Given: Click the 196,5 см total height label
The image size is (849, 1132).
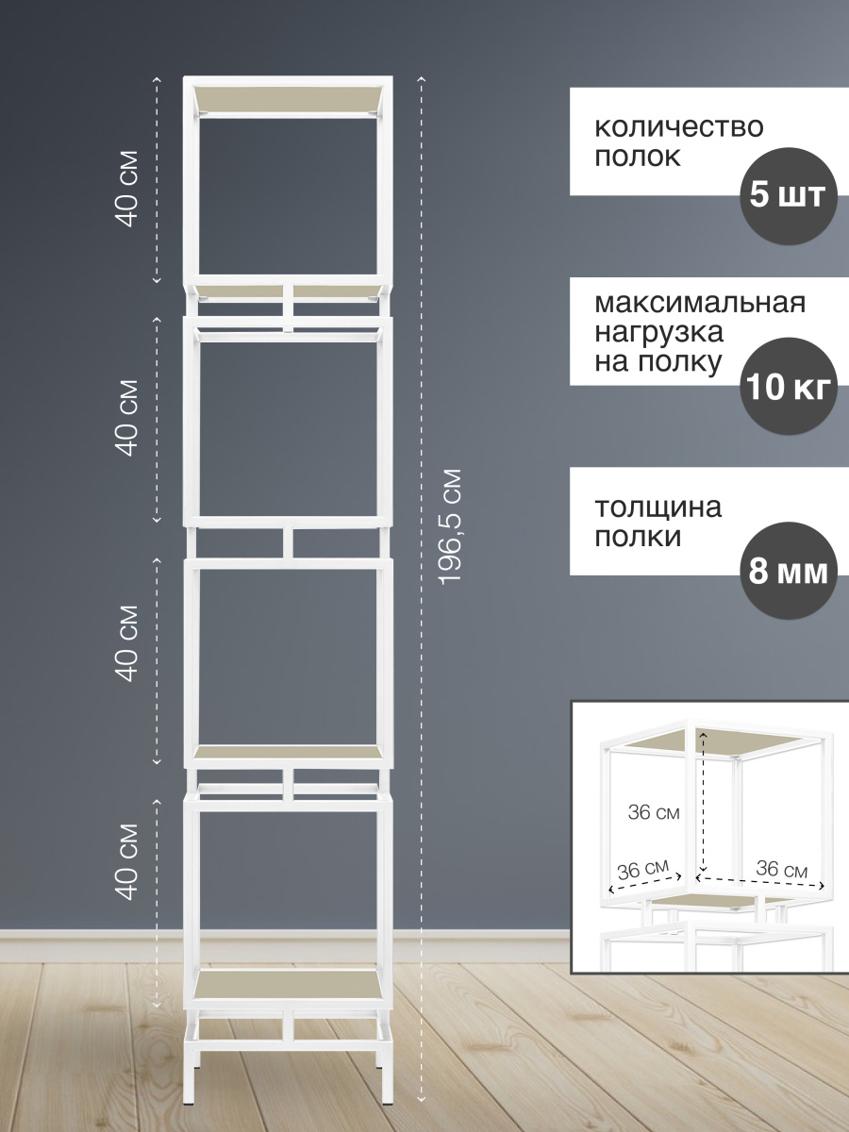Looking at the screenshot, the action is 449,526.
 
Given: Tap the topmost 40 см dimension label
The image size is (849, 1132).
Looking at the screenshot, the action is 126,189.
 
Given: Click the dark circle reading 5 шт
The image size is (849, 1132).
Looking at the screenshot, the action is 789,196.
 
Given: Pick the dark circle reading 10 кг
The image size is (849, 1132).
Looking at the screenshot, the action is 789,386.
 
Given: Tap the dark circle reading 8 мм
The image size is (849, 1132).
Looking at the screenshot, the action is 789,571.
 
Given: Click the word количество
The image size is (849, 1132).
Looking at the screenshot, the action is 679,127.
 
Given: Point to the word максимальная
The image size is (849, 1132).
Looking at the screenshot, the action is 700,303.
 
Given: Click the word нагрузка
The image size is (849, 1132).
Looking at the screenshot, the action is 658,333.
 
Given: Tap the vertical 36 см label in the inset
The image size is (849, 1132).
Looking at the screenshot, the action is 654,812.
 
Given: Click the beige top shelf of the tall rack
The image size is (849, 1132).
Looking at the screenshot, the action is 288,99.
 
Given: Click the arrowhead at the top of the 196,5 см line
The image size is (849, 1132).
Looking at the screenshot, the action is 421,79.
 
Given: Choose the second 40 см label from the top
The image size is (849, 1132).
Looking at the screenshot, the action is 126,418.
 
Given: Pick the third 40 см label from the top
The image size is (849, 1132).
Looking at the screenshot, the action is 126,644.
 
